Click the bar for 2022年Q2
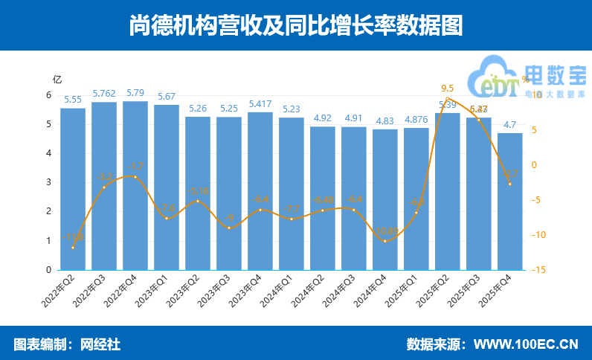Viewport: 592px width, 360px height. tap(73, 189)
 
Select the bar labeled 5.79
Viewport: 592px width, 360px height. tap(135, 185)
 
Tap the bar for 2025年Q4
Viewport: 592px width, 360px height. tap(510, 201)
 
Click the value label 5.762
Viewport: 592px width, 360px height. tap(104, 94)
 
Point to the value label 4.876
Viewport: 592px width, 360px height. tap(416, 120)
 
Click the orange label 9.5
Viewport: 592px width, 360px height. tap(447, 88)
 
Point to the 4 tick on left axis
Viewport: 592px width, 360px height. tap(48, 153)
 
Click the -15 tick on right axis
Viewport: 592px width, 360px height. tap(541, 270)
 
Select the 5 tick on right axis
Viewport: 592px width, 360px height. tap(535, 130)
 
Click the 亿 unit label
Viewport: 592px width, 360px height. tap(57, 79)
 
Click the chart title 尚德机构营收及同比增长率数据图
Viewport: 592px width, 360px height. tap(295, 25)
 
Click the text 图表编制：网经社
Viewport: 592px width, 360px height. tap(67, 344)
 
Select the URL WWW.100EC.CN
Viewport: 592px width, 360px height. tap(526, 344)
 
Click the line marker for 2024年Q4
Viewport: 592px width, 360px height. tap(385, 240)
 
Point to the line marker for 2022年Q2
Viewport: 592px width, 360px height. tap(73, 248)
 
